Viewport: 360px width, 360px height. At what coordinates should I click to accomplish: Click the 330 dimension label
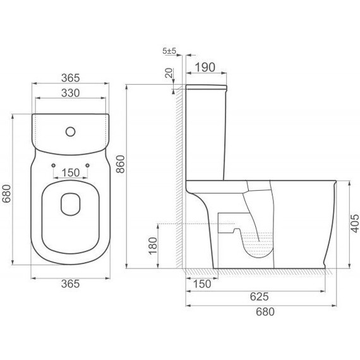71,93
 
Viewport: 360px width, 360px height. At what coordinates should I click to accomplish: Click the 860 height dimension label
121,164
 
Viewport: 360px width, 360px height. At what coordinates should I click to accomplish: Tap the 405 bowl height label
355,224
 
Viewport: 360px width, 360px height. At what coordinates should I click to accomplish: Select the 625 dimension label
259,297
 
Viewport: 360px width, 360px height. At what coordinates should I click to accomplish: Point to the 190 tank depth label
205,68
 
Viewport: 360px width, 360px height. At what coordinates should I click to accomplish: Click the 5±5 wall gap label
169,51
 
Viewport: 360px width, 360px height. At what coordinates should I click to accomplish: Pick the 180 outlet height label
153,246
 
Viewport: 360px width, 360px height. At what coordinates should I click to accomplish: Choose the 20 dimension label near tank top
169,73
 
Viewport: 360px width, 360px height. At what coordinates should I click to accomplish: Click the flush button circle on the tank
71,131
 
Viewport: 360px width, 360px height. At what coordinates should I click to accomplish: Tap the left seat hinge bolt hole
54,165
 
